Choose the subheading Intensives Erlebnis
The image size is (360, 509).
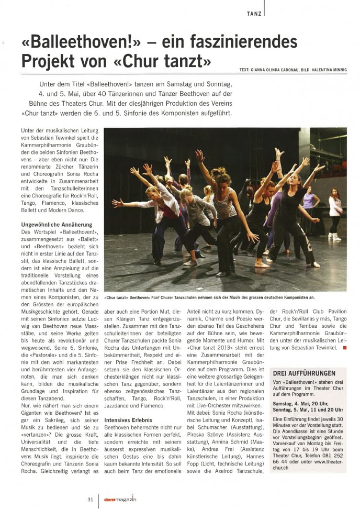(x=129, y=420)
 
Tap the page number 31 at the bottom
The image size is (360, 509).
(x=90, y=499)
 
